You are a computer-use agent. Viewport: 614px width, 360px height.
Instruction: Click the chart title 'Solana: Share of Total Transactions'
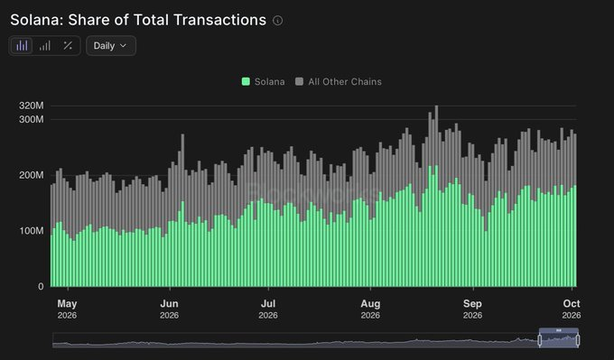[x=138, y=20]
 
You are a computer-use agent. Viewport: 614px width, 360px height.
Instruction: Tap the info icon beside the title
[x=277, y=21]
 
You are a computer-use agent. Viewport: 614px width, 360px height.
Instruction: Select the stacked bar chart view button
[x=22, y=46]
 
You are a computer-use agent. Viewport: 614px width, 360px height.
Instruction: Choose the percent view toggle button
[x=68, y=46]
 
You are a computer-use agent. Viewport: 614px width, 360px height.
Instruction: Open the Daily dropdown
[x=111, y=46]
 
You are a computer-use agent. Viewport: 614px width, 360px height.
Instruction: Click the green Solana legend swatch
[x=246, y=81]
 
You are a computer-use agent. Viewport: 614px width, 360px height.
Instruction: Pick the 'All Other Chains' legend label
[x=345, y=82]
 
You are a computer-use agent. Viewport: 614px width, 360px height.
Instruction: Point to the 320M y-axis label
[x=32, y=106]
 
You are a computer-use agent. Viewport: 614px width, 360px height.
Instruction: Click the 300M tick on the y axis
[x=32, y=119]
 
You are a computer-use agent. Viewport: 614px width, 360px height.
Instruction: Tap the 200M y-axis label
[x=32, y=175]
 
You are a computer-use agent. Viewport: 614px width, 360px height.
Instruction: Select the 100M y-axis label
[x=32, y=230]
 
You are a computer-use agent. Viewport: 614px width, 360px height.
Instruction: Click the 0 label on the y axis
[x=41, y=286]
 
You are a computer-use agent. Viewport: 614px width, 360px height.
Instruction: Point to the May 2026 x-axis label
[x=67, y=309]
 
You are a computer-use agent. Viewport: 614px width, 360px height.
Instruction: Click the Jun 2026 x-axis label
[x=169, y=309]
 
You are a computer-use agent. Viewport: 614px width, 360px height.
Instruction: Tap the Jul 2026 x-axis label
[x=268, y=309]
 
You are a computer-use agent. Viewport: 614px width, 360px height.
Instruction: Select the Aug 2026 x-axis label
[x=370, y=309]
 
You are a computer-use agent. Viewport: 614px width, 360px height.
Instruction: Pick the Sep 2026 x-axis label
[x=472, y=309]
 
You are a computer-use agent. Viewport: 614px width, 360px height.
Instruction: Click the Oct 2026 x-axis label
[x=572, y=309]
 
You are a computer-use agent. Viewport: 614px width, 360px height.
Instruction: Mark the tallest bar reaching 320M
[x=436, y=196]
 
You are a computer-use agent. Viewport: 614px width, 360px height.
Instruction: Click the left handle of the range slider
[x=540, y=340]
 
